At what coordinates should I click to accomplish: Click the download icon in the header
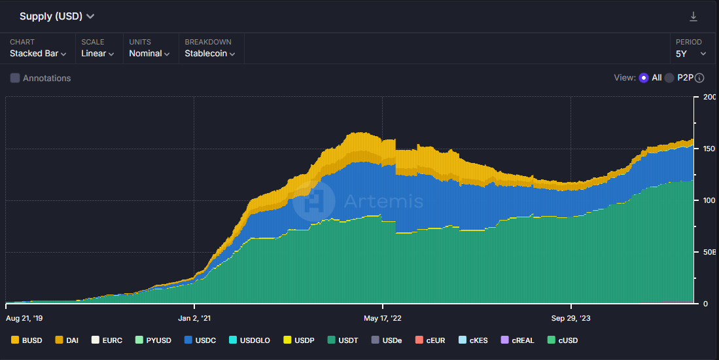pyautogui.click(x=693, y=16)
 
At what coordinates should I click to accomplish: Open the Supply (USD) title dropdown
pyautogui.click(x=57, y=16)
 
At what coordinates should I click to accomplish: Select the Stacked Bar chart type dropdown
pyautogui.click(x=38, y=54)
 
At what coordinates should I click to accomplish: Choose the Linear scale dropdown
pyautogui.click(x=97, y=54)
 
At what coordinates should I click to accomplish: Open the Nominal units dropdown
pyautogui.click(x=149, y=54)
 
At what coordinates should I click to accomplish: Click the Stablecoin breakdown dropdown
pyautogui.click(x=209, y=54)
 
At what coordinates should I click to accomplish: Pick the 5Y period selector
pyautogui.click(x=691, y=54)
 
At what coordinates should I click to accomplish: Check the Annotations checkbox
pyautogui.click(x=15, y=78)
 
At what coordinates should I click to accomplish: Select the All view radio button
pyautogui.click(x=644, y=78)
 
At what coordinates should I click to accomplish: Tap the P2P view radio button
pyautogui.click(x=669, y=78)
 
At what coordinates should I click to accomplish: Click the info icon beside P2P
pyautogui.click(x=699, y=78)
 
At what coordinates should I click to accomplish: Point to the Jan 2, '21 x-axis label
pyautogui.click(x=194, y=318)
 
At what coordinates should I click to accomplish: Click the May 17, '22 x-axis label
pyautogui.click(x=383, y=318)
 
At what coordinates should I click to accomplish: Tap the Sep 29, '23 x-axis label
pyautogui.click(x=571, y=318)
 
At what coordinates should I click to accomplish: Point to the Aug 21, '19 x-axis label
pyautogui.click(x=24, y=318)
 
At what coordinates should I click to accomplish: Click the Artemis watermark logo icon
pyautogui.click(x=314, y=201)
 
